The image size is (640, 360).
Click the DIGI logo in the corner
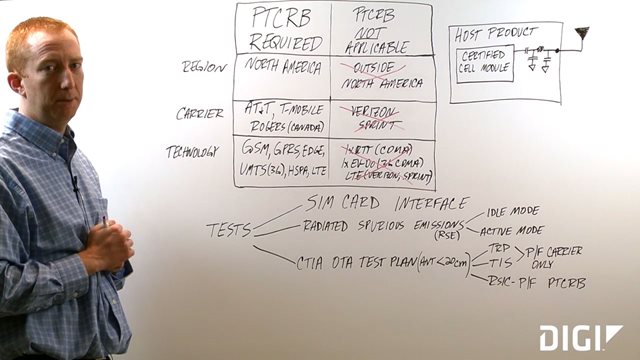click(x=580, y=337)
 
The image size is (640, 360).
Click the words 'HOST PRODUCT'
click(x=497, y=34)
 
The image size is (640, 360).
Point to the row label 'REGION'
click(x=203, y=67)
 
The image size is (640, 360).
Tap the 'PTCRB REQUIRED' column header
click(x=283, y=30)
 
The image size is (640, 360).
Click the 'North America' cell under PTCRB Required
click(x=283, y=69)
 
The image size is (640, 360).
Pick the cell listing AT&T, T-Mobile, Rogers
click(x=283, y=118)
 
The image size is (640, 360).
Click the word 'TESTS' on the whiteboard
click(x=229, y=229)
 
